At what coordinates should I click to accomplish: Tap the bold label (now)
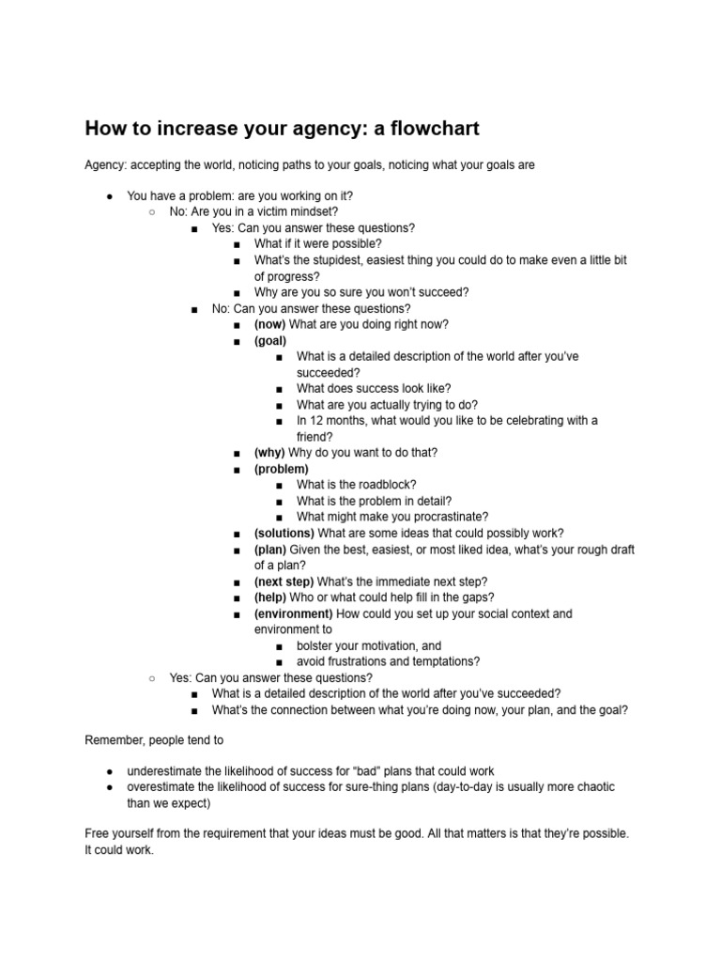[269, 324]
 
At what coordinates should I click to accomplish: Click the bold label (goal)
[270, 341]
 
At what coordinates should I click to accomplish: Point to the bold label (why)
[269, 452]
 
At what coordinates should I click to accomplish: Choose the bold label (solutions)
[284, 533]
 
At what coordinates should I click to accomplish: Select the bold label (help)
[271, 597]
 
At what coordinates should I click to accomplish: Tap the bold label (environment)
[293, 613]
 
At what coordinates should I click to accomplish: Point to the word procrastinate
[450, 517]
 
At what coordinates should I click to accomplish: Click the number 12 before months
[317, 420]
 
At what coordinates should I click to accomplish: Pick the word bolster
[316, 646]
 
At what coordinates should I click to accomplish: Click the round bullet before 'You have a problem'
[110, 195]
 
